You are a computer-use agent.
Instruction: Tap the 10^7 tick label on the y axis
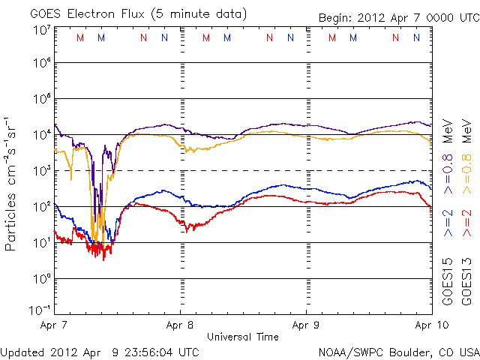[41, 29]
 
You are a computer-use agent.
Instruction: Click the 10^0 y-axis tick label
[41, 279]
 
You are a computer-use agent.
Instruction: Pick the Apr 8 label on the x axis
[181, 325]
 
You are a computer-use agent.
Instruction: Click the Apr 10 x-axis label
[430, 325]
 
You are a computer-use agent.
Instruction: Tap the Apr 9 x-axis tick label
[306, 325]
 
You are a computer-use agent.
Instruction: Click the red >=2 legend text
[466, 222]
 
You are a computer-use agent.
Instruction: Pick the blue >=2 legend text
[447, 222]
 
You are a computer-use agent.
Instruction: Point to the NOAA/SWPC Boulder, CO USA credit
[398, 351]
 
